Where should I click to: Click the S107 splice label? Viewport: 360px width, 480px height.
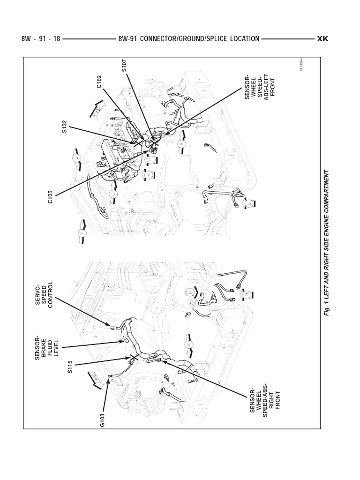[x=124, y=65]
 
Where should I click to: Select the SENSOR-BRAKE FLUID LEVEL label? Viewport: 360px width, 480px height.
[x=45, y=345]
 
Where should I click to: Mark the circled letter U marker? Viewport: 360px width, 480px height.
[x=113, y=193]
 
